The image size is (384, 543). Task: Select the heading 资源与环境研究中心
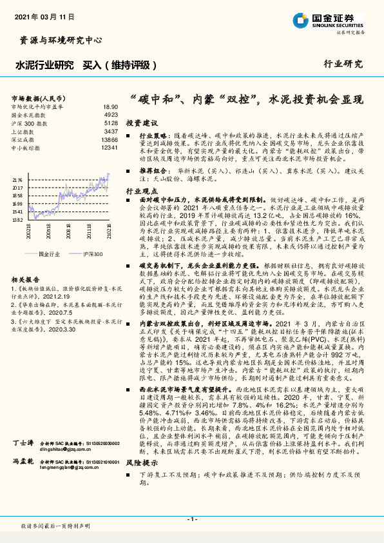click(57, 40)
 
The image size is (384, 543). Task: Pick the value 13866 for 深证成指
click(110, 139)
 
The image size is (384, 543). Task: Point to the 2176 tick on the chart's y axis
click(18, 180)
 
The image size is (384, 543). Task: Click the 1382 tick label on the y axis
click(18, 220)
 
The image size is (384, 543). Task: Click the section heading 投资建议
click(141, 122)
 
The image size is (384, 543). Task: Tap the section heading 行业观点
click(141, 192)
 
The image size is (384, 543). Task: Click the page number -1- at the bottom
click(191, 518)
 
